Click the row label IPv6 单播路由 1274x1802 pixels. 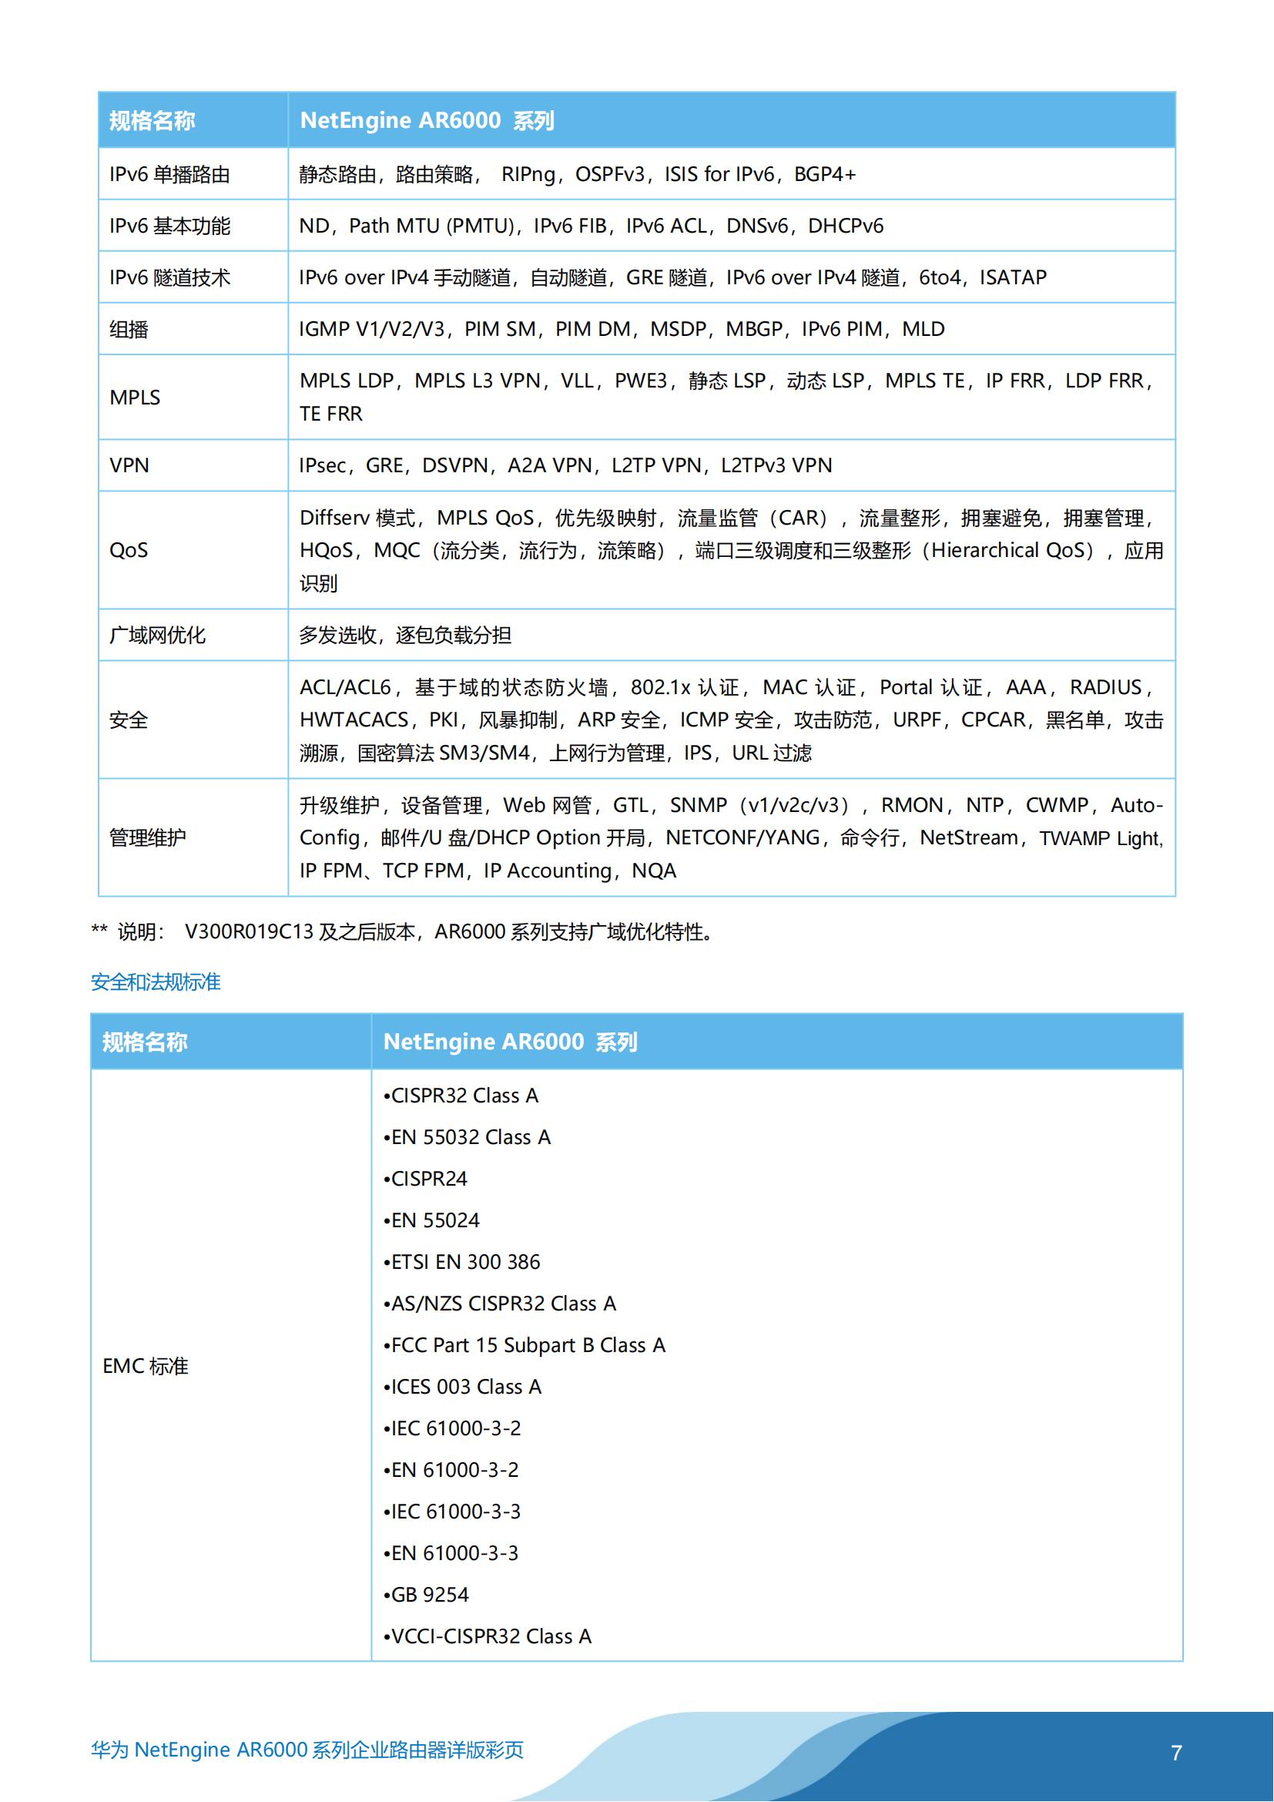point(169,174)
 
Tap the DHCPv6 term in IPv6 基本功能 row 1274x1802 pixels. point(845,226)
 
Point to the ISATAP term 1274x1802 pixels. point(1012,278)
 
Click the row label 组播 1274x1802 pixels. point(129,330)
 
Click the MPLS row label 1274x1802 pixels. point(134,398)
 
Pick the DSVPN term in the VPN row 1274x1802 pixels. point(454,465)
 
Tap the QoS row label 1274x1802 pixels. point(129,550)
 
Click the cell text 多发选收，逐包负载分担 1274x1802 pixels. point(405,635)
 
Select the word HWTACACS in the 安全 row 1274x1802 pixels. point(354,720)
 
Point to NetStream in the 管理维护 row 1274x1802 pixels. point(968,838)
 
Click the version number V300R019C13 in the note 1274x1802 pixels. point(249,932)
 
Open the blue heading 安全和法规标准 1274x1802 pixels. point(156,982)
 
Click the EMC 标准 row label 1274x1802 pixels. point(145,1367)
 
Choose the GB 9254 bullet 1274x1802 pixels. point(429,1595)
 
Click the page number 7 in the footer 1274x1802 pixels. point(1176,1753)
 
